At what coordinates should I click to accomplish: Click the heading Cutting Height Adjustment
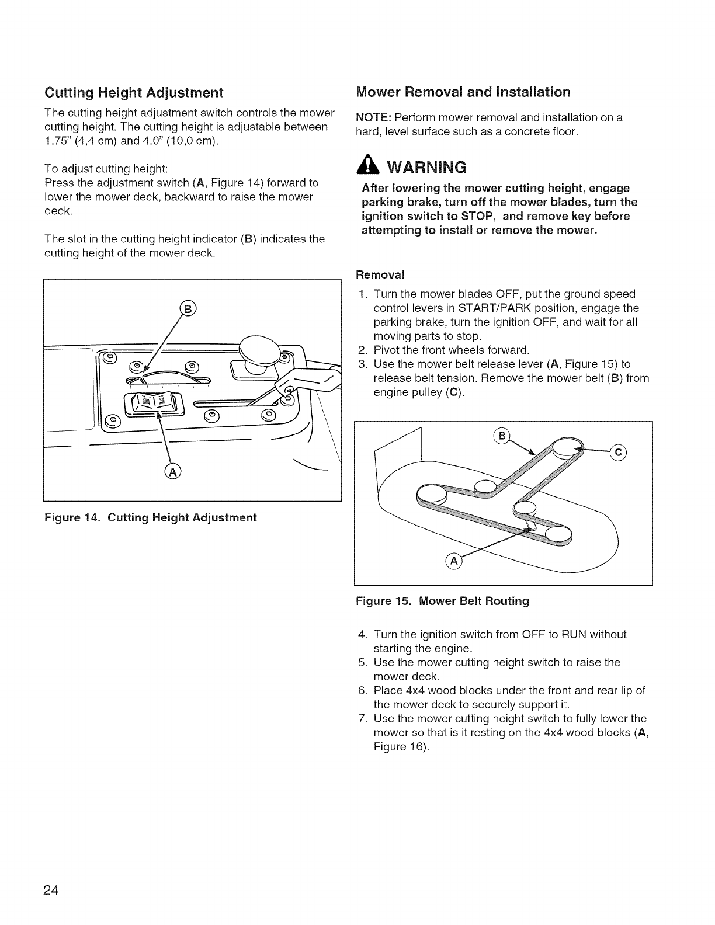[x=134, y=93]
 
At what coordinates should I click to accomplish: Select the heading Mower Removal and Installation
[x=463, y=92]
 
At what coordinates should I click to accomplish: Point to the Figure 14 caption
[x=151, y=518]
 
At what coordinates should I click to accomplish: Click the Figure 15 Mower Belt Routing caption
[x=442, y=601]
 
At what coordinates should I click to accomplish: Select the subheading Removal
[x=380, y=274]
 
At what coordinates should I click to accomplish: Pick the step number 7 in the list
[x=362, y=719]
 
